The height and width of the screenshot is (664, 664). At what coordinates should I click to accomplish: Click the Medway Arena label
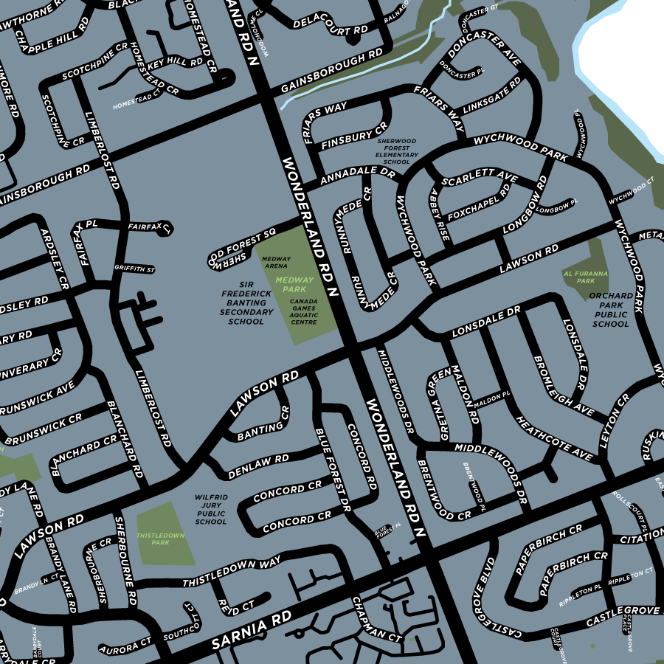click(276, 262)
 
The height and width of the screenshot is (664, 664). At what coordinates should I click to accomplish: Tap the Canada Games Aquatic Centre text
click(303, 312)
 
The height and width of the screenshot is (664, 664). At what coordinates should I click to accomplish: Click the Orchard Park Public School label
click(611, 310)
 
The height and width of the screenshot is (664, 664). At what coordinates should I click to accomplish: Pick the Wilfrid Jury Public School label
click(211, 510)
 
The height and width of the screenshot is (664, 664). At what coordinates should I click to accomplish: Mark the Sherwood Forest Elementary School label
click(397, 151)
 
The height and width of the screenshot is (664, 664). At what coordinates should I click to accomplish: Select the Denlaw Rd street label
click(258, 464)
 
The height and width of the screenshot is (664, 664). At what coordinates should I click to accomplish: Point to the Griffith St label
click(134, 269)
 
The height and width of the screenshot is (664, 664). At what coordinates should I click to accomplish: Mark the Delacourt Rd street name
click(330, 27)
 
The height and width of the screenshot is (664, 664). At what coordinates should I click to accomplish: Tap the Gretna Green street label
click(443, 404)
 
